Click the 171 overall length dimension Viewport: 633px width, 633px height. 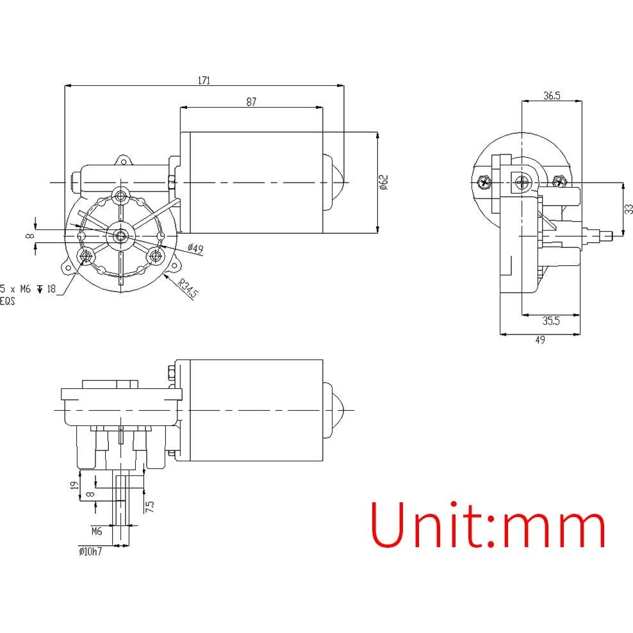(204, 80)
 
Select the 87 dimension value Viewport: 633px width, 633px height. (251, 102)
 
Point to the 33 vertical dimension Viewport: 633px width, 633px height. (629, 208)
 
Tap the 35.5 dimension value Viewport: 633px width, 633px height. (551, 322)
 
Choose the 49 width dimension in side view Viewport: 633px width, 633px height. (539, 340)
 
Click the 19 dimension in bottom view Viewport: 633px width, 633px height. (74, 486)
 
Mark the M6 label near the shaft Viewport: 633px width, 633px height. (97, 531)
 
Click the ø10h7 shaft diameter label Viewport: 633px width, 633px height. (90, 550)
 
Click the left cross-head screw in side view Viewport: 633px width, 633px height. (484, 182)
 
